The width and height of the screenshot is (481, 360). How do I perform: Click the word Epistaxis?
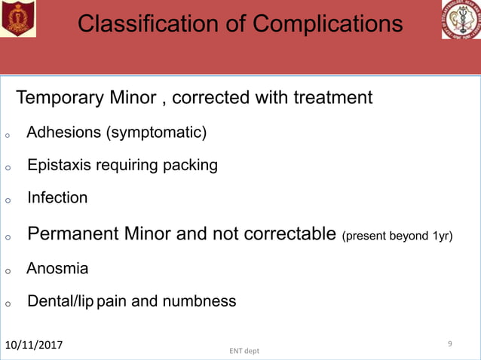coord(60,166)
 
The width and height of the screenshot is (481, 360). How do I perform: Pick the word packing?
coord(191,166)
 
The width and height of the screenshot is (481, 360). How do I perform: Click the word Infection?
coord(57,198)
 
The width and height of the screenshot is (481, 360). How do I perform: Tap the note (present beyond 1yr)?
coord(397,236)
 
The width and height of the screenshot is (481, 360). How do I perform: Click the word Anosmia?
coord(57,269)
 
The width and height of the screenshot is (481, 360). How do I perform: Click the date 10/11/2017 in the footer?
coord(34,345)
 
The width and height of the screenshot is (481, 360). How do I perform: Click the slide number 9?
coord(449,343)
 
